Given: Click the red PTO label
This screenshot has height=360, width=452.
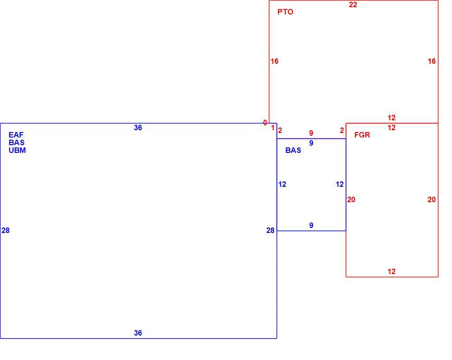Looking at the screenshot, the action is [x=285, y=12].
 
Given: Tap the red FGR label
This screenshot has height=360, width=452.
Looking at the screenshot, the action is [x=362, y=135].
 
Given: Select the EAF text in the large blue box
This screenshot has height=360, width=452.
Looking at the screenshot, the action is [x=16, y=135].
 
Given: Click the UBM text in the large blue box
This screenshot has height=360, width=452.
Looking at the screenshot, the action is [x=17, y=150].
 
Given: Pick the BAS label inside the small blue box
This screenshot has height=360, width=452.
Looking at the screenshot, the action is [x=293, y=150].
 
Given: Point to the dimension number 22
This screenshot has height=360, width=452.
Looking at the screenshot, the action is [x=353, y=5].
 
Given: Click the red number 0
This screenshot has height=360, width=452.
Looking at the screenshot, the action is [x=265, y=123].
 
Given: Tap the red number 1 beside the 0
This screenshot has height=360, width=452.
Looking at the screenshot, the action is [x=273, y=128].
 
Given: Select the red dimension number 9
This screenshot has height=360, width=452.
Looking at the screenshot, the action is [x=311, y=133].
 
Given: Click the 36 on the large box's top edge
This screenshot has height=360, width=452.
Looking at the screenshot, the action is [x=138, y=128].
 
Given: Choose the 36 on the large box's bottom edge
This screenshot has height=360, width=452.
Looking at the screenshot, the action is [x=138, y=333].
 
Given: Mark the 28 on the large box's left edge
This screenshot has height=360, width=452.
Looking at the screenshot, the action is [x=5, y=230].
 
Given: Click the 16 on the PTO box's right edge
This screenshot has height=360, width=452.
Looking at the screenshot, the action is [x=432, y=61].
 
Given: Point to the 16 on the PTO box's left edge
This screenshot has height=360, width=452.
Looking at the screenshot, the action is [x=274, y=61].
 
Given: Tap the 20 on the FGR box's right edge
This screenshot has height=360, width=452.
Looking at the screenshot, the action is [x=432, y=199].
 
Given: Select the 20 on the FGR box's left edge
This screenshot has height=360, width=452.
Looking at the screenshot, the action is [x=351, y=199].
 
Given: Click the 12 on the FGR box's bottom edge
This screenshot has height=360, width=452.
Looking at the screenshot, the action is [x=391, y=271].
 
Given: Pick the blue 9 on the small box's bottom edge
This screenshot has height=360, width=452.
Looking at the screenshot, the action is [x=311, y=225].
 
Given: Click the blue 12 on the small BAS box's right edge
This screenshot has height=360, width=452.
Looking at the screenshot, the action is [x=339, y=184].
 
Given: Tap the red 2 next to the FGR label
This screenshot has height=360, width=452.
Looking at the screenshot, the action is [x=342, y=130].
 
